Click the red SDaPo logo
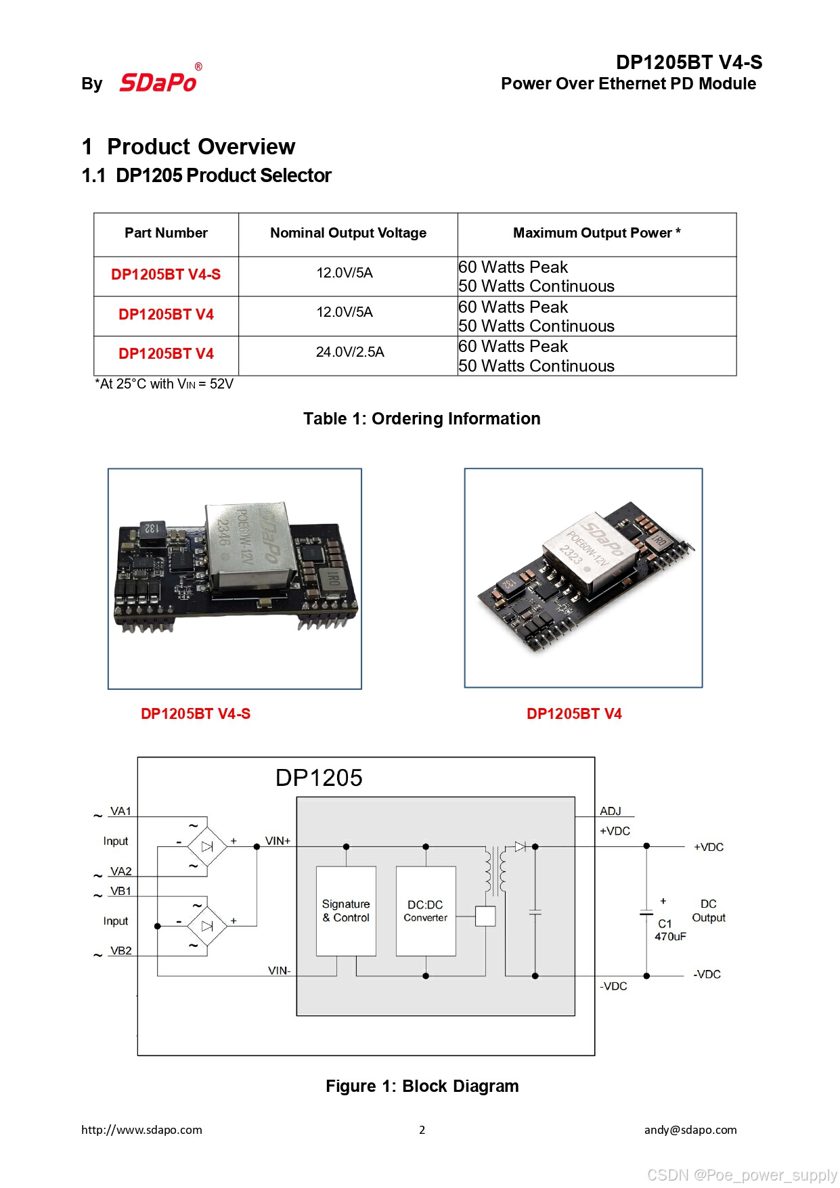click(x=158, y=82)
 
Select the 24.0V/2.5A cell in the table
click(x=350, y=352)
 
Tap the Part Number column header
click(x=166, y=233)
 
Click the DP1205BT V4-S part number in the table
click(x=166, y=274)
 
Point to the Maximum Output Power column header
click(x=596, y=233)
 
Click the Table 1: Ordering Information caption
click(x=422, y=419)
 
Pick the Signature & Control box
click(x=346, y=910)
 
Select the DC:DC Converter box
click(x=425, y=910)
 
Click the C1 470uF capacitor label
click(x=669, y=930)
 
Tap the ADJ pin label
click(x=610, y=811)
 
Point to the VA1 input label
click(x=120, y=811)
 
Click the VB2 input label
click(x=120, y=950)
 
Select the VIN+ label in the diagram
click(x=278, y=841)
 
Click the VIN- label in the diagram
click(x=279, y=971)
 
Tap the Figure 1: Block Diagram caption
click(x=422, y=1086)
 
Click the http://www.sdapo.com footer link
click(x=141, y=1130)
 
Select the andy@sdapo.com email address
click(x=690, y=1130)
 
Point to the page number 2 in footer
click(x=422, y=1130)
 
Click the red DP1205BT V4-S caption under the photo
click(x=195, y=713)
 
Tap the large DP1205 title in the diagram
click(x=318, y=778)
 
